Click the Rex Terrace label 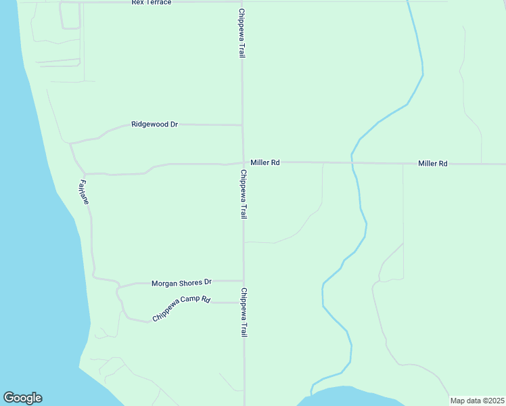pyautogui.click(x=152, y=3)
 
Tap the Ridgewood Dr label pyautogui.click(x=154, y=125)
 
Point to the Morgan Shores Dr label pyautogui.click(x=181, y=282)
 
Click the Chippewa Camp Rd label pyautogui.click(x=181, y=308)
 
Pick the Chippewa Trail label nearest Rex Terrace pyautogui.click(x=241, y=32)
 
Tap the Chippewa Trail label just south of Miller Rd pyautogui.click(x=243, y=194)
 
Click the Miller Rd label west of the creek pyautogui.click(x=264, y=162)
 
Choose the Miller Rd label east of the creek pyautogui.click(x=432, y=164)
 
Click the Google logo pyautogui.click(x=22, y=398)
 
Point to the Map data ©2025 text pyautogui.click(x=477, y=401)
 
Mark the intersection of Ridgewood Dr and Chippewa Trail pyautogui.click(x=242, y=125)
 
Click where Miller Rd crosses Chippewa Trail pyautogui.click(x=243, y=162)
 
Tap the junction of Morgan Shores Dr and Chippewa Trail pyautogui.click(x=243, y=281)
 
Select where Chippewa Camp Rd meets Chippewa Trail pyautogui.click(x=243, y=302)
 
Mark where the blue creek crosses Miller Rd pyautogui.click(x=352, y=162)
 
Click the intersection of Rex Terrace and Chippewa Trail pyautogui.click(x=241, y=2)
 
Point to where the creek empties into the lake pyautogui.click(x=313, y=390)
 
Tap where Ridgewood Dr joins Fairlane pyautogui.click(x=70, y=143)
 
